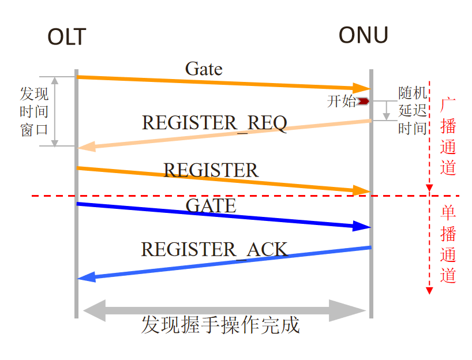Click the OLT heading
pyautogui.click(x=66, y=37)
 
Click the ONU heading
pyautogui.click(x=363, y=36)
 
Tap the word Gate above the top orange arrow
pyautogui.click(x=204, y=69)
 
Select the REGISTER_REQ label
pyautogui.click(x=214, y=123)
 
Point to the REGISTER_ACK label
pyautogui.click(x=214, y=249)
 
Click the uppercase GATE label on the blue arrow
pyautogui.click(x=211, y=205)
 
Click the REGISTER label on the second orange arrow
pyautogui.click(x=211, y=170)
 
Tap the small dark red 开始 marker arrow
pyautogui.click(x=363, y=102)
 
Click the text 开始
pyautogui.click(x=342, y=102)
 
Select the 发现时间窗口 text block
pyautogui.click(x=34, y=111)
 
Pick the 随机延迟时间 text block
pyautogui.click(x=413, y=111)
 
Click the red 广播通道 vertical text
pyautogui.click(x=448, y=136)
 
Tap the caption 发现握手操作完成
pyautogui.click(x=220, y=325)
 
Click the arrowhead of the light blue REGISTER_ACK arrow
pyautogui.click(x=85, y=278)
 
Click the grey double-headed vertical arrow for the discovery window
pyautogui.click(x=55, y=111)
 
